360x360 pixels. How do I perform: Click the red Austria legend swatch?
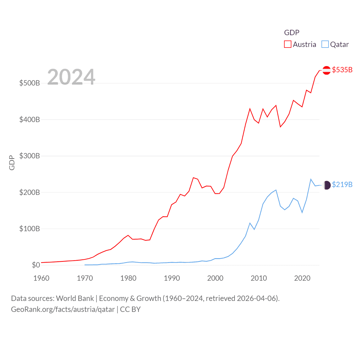287,44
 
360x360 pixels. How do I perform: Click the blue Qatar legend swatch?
325,44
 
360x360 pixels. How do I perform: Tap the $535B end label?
342,70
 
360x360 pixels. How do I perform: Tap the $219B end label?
342,184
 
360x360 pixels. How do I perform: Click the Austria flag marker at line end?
327,70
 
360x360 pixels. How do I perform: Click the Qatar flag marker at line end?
327,185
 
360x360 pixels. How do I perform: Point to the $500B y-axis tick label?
30,83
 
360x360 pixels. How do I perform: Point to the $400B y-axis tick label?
30,120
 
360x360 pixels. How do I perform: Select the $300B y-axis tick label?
30,156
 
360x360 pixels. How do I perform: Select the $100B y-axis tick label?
30,229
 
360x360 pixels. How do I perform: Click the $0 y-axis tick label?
36,265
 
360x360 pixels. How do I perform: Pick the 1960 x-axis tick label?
41,278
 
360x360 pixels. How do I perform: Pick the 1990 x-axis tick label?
172,278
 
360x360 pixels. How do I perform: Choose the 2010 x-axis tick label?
259,278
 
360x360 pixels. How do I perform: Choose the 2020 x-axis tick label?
302,278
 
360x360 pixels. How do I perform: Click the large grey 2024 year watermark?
71,77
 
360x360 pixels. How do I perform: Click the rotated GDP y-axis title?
12,163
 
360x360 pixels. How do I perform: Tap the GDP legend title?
292,33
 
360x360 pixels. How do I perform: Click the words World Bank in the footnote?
75,298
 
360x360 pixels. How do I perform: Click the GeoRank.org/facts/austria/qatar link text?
63,310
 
